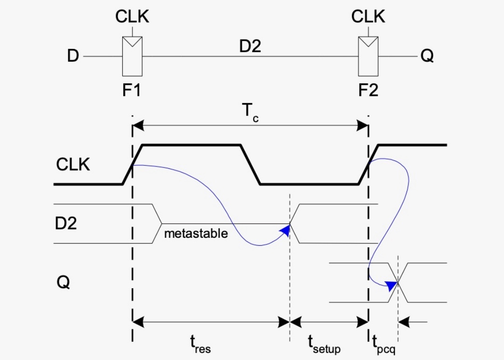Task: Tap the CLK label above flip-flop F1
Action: click(x=132, y=17)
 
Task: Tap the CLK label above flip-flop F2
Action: click(x=368, y=17)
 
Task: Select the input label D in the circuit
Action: click(x=72, y=56)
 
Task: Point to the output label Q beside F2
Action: click(x=427, y=56)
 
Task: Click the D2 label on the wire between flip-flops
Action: click(x=250, y=47)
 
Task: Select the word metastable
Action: click(x=196, y=233)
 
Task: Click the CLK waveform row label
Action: click(x=73, y=165)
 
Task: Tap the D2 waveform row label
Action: click(x=66, y=223)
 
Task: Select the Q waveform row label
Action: click(x=63, y=282)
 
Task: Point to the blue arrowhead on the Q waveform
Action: click(x=392, y=284)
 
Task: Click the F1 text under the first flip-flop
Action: click(x=132, y=90)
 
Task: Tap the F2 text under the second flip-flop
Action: click(x=368, y=90)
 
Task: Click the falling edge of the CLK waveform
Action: click(x=250, y=165)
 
